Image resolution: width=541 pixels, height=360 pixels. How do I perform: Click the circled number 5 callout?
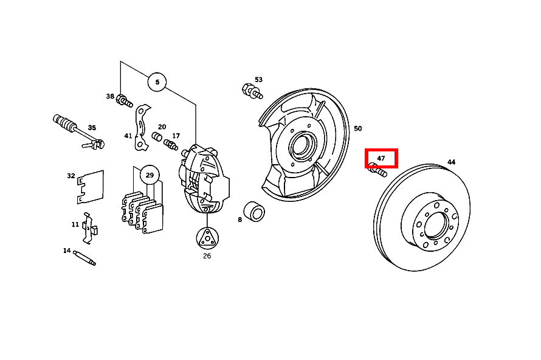click(157, 82)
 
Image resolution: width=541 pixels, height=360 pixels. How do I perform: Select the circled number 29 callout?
click(150, 175)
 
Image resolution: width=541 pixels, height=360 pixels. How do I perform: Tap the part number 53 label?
click(258, 80)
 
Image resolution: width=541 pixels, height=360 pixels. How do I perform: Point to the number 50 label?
click(358, 128)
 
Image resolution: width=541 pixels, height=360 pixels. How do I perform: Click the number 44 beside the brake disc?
click(451, 162)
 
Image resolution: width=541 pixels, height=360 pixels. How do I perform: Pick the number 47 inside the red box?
click(381, 158)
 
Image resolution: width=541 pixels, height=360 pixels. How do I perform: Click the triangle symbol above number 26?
click(207, 238)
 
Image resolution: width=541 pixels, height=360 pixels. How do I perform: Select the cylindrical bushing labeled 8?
click(254, 212)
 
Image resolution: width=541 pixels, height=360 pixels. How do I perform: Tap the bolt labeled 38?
click(124, 100)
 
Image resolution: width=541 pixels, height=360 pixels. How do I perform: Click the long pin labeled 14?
click(84, 258)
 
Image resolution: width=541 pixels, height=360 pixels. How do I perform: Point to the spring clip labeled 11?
click(89, 228)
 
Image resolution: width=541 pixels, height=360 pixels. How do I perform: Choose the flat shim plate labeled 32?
click(91, 187)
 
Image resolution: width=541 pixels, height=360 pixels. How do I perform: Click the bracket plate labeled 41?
click(142, 128)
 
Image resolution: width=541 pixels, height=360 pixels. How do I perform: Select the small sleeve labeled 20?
click(157, 136)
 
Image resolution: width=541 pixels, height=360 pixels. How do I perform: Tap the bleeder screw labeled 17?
click(171, 145)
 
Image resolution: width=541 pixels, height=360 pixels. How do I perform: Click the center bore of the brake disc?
click(436, 226)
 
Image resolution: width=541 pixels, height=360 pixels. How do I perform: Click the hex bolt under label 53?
click(252, 91)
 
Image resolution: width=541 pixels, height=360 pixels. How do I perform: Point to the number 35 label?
click(92, 128)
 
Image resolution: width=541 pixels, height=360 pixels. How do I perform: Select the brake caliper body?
click(204, 179)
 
